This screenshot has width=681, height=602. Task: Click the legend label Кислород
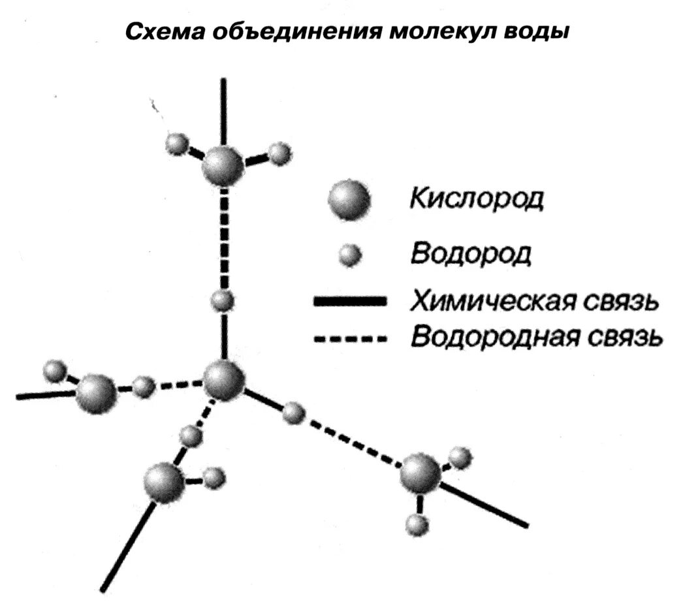[x=476, y=198]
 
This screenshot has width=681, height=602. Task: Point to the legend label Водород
[x=471, y=253]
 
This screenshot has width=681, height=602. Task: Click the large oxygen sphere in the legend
[x=349, y=200]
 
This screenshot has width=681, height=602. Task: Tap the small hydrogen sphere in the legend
[x=353, y=255]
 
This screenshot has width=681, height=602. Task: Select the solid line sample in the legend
[x=351, y=301]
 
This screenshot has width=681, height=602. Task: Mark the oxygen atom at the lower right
[x=420, y=473]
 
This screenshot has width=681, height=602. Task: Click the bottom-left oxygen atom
[x=164, y=482]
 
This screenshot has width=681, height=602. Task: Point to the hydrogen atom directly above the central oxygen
[x=223, y=300]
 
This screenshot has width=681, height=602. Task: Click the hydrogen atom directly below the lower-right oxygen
[x=417, y=523]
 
